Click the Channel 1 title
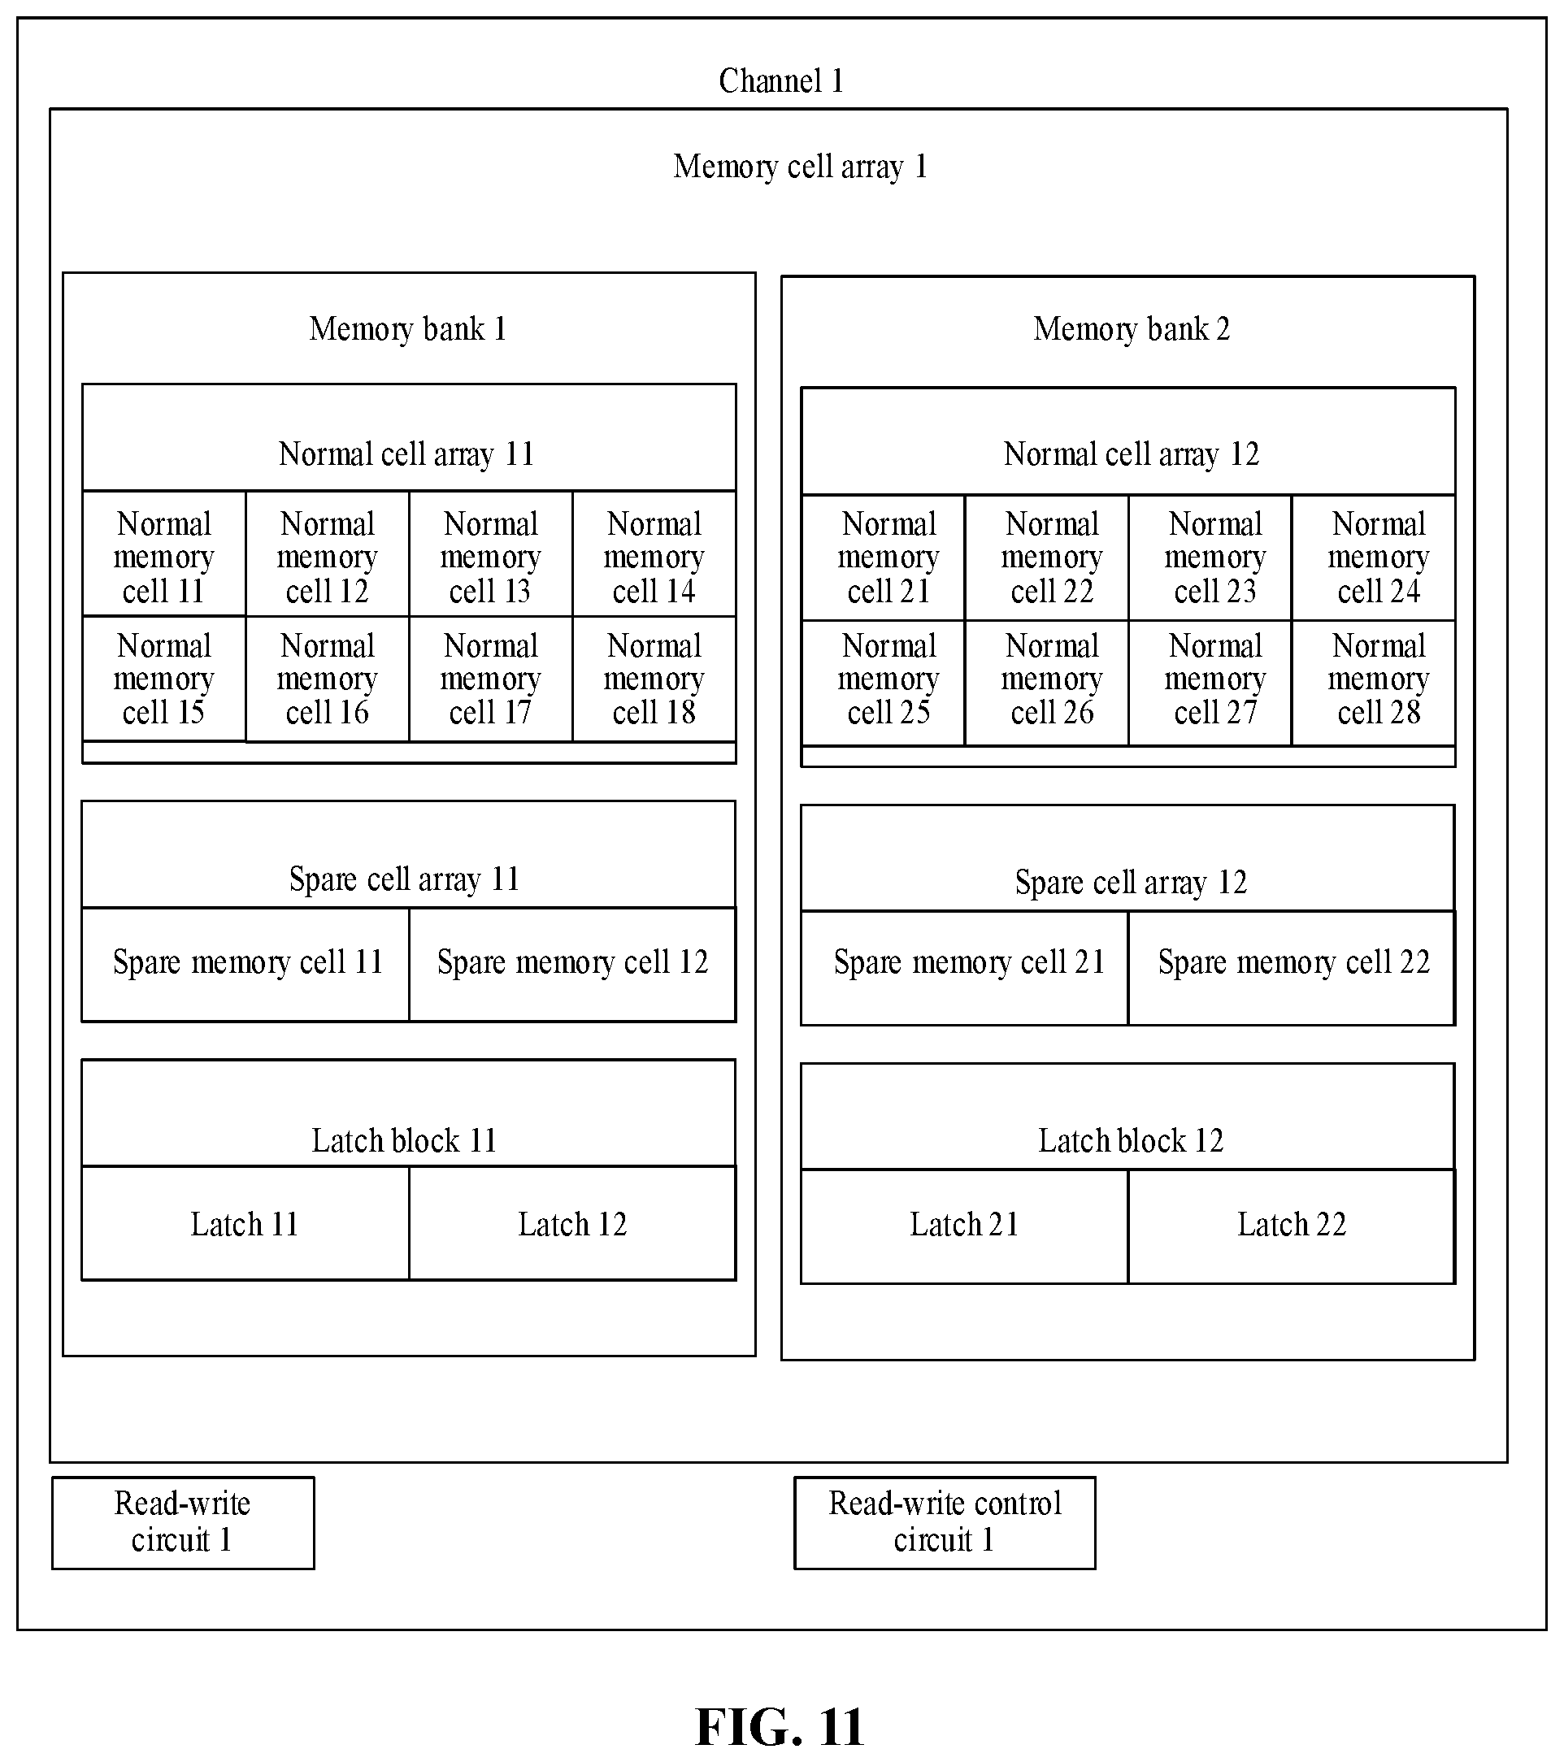pyautogui.click(x=780, y=81)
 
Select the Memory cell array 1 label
pyautogui.click(x=800, y=167)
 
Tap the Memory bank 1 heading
pyautogui.click(x=408, y=328)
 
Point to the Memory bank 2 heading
pyautogui.click(x=1132, y=328)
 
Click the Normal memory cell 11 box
pyautogui.click(x=164, y=554)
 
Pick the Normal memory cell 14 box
pyautogui.click(x=654, y=554)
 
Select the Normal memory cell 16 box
pyautogui.click(x=328, y=679)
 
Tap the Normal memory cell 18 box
pyautogui.click(x=654, y=679)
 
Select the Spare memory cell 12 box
pyautogui.click(x=572, y=965)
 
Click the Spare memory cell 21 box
pyautogui.click(x=965, y=968)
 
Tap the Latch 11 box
pyautogui.click(x=245, y=1223)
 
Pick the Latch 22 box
pyautogui.click(x=1292, y=1226)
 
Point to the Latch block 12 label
pyautogui.click(x=1130, y=1140)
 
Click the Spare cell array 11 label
pyautogui.click(x=404, y=879)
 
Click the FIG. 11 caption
pyautogui.click(x=780, y=1727)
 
